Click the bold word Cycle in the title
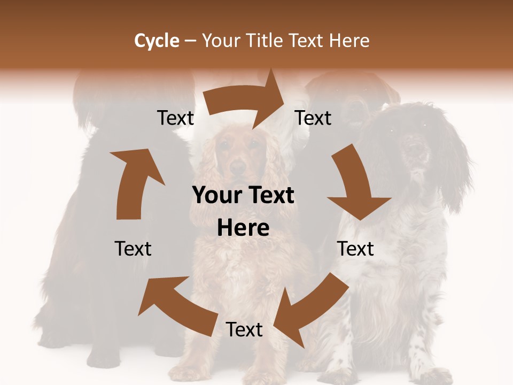(x=157, y=41)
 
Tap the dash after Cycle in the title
(x=190, y=41)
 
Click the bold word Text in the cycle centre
(x=270, y=196)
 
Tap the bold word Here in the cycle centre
(x=243, y=228)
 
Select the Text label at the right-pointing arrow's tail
(x=176, y=118)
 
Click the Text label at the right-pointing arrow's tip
(x=313, y=118)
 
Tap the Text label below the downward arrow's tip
(x=355, y=249)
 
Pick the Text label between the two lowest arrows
(x=244, y=330)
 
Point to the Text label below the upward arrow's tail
(x=133, y=249)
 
